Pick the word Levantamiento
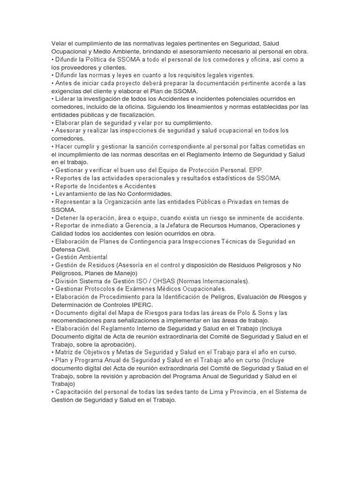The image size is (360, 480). (x=77, y=194)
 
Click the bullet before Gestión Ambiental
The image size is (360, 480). (x=53, y=257)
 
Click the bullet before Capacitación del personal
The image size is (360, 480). (x=53, y=392)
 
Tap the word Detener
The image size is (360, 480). (x=67, y=217)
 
